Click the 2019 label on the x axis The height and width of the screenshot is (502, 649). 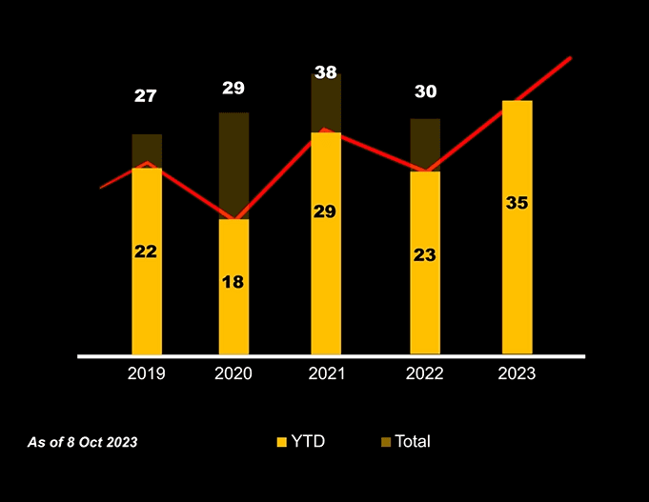click(x=146, y=373)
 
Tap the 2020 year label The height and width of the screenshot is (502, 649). click(x=233, y=373)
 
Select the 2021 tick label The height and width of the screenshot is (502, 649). click(x=326, y=373)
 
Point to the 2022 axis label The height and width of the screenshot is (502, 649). click(x=424, y=373)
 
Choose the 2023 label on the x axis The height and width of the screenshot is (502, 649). click(x=517, y=373)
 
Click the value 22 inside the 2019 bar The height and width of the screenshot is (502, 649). click(x=146, y=251)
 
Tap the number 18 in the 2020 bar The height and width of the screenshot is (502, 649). click(x=233, y=282)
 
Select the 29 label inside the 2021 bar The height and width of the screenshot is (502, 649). click(x=325, y=211)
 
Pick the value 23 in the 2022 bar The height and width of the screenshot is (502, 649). click(x=424, y=255)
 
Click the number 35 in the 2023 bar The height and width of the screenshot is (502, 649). click(x=517, y=203)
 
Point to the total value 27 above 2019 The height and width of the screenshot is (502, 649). click(x=146, y=96)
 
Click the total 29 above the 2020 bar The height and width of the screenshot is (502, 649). click(x=233, y=89)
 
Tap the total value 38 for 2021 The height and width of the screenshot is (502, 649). click(x=326, y=72)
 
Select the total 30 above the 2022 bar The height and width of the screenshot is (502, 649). click(x=425, y=92)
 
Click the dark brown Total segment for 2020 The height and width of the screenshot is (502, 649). click(x=233, y=162)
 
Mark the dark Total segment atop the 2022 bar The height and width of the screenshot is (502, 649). click(x=425, y=143)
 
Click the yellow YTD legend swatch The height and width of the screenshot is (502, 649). click(x=281, y=442)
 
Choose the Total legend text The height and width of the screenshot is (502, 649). click(x=413, y=442)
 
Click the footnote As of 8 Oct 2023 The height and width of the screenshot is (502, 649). click(x=82, y=443)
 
